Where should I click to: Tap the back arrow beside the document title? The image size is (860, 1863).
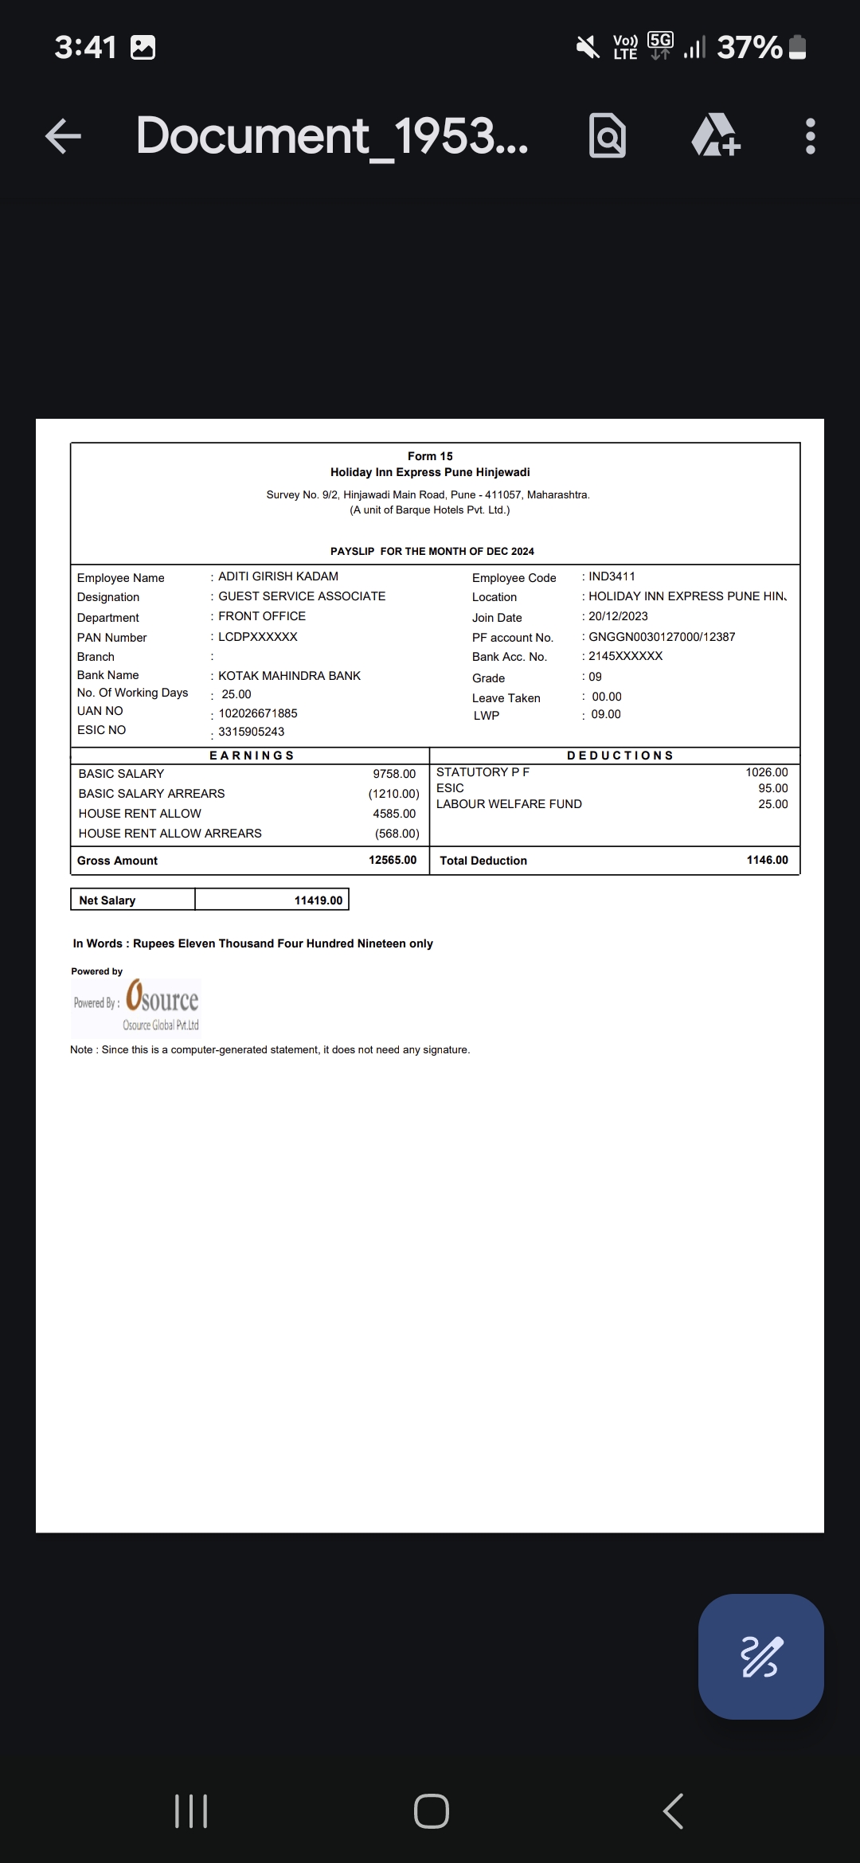pos(64,135)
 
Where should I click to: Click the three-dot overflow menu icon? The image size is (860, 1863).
pos(810,136)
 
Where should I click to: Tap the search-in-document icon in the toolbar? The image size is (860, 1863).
pos(607,136)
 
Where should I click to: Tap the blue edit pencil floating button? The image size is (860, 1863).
pos(760,1656)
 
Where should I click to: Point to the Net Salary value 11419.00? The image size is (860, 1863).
pos(318,900)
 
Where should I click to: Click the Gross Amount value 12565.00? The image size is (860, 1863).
pos(393,860)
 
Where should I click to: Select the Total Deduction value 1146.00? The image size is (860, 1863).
pos(767,860)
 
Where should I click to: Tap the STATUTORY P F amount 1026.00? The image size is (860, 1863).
pos(766,772)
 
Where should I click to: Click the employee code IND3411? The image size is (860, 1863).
pos(612,576)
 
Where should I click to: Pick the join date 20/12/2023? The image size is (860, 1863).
pos(618,616)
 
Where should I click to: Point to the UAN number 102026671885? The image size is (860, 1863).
pos(257,713)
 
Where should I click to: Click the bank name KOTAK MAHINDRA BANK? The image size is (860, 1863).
pos(289,675)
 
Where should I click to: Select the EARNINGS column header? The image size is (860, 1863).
pos(252,756)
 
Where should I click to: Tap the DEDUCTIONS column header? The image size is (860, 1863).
pos(620,756)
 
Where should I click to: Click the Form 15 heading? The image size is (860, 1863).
pos(430,456)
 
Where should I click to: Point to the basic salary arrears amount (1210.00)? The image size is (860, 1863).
pos(393,794)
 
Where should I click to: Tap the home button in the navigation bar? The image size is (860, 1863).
pos(431,1811)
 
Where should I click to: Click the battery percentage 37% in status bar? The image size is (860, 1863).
pos(749,48)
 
